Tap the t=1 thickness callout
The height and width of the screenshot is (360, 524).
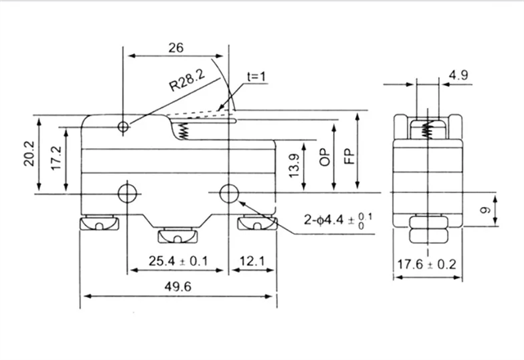(256, 76)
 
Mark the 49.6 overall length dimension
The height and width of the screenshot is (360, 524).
(171, 288)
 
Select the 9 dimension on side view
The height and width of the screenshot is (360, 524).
(486, 211)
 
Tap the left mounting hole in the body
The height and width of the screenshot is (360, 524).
(126, 193)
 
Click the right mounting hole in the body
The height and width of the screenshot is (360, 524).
(230, 193)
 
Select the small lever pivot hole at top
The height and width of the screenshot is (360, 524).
(123, 127)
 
